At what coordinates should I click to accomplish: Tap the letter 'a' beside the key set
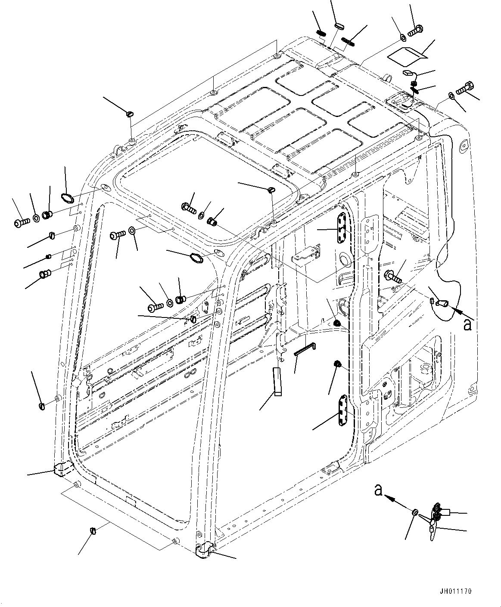378,490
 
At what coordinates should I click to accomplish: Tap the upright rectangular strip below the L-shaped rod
277,381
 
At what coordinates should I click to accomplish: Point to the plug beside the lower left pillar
42,405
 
